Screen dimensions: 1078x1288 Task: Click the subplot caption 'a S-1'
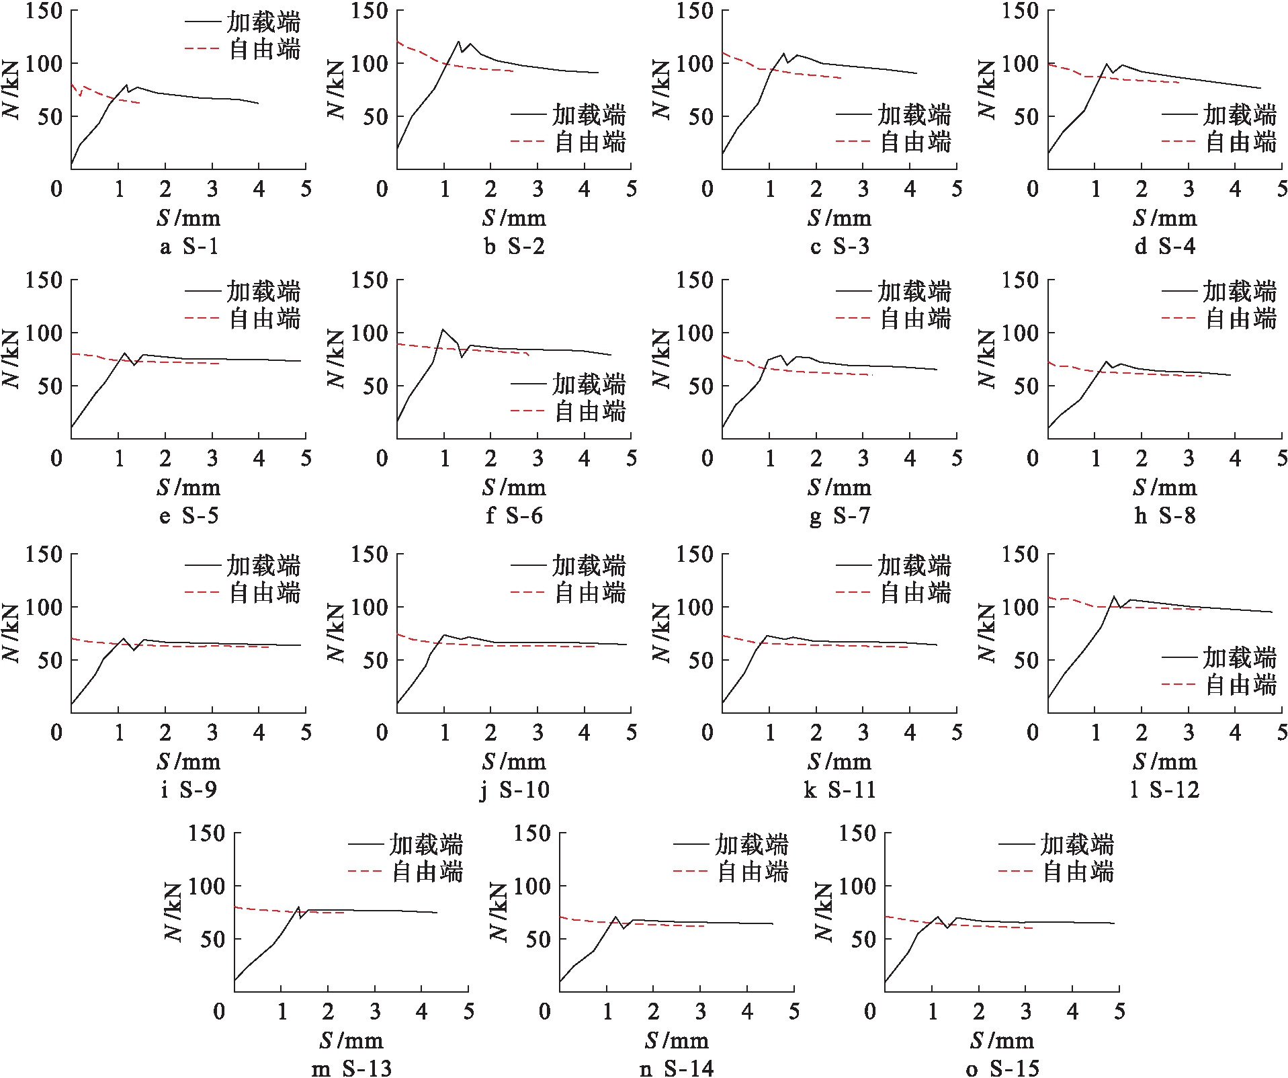[189, 247]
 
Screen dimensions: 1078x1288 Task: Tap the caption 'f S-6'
[514, 516]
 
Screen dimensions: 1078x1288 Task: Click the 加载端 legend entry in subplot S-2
[568, 115]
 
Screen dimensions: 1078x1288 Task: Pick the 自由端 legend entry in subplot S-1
[243, 49]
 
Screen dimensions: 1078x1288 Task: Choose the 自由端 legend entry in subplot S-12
[1220, 685]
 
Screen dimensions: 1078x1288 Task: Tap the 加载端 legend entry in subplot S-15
[1057, 845]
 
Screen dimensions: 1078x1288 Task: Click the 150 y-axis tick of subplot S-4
[1020, 11]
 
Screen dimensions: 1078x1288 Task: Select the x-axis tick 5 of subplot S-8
[1282, 459]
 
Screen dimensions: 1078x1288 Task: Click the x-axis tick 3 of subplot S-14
[701, 1012]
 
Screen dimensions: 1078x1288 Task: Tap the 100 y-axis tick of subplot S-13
[206, 886]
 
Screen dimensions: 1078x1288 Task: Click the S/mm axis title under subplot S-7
[839, 488]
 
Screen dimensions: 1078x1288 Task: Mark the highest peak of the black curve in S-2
[459, 42]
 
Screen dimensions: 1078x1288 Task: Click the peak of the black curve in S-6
[443, 329]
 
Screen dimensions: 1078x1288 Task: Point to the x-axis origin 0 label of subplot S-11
[707, 733]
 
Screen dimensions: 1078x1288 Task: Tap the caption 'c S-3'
[839, 247]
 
